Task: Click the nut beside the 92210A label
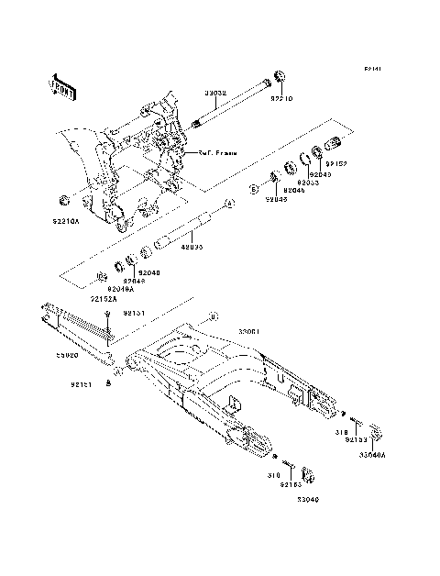64,200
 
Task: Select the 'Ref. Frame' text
218,152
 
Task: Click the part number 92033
307,183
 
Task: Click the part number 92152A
103,298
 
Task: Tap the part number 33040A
372,453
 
